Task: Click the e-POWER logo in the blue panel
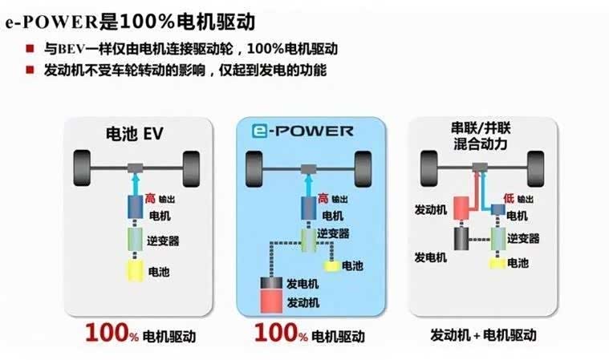pyautogui.click(x=300, y=131)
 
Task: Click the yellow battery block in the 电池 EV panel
pyautogui.click(x=135, y=271)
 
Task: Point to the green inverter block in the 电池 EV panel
pyautogui.click(x=135, y=239)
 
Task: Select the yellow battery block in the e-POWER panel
pyautogui.click(x=331, y=265)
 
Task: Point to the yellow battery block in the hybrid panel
pyautogui.click(x=497, y=262)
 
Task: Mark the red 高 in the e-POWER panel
pyautogui.click(x=323, y=198)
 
